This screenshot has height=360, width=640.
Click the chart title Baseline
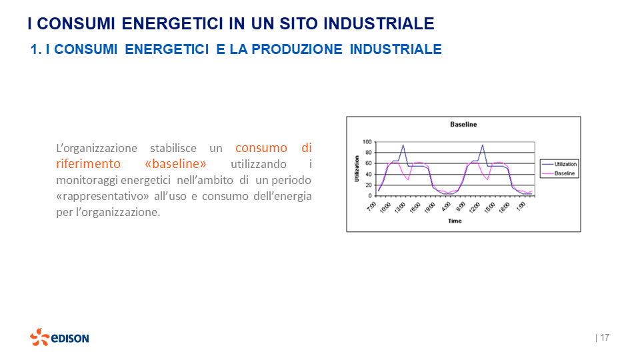pyautogui.click(x=463, y=125)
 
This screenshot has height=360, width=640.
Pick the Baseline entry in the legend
pyautogui.click(x=563, y=173)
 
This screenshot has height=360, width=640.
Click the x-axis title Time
pyautogui.click(x=454, y=221)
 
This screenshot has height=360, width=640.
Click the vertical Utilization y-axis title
pyautogui.click(x=357, y=169)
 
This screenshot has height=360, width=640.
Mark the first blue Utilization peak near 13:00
pyautogui.click(x=403, y=145)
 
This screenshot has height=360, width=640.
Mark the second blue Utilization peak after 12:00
pyautogui.click(x=482, y=145)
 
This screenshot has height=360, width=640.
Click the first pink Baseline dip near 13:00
pyautogui.click(x=408, y=179)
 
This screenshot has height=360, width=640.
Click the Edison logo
pyautogui.click(x=59, y=337)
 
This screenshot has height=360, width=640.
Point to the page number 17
pyautogui.click(x=605, y=337)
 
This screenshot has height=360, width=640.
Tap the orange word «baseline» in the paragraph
pyautogui.click(x=175, y=164)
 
